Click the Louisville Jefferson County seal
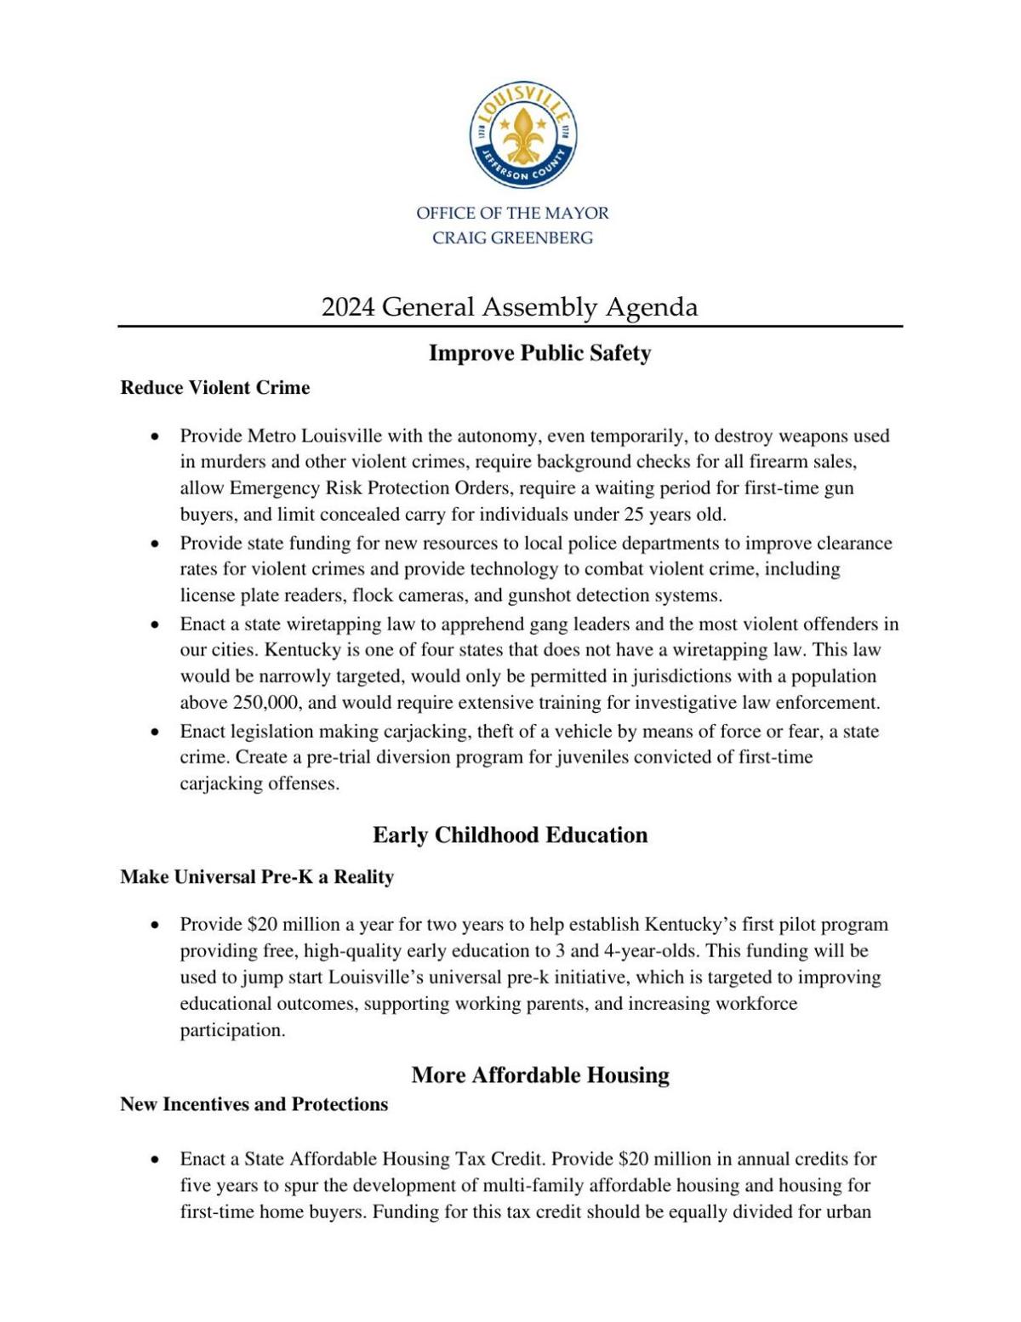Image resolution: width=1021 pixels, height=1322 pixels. pyautogui.click(x=523, y=136)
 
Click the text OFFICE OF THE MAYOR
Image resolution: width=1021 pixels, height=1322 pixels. pyautogui.click(x=512, y=213)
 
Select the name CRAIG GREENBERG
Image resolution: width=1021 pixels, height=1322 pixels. pyautogui.click(x=512, y=238)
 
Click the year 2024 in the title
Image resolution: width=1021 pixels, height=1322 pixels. pyautogui.click(x=348, y=307)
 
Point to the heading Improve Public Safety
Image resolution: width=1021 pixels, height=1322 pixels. pyautogui.click(x=539, y=353)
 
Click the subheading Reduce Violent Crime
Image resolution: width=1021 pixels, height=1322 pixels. pyautogui.click(x=215, y=388)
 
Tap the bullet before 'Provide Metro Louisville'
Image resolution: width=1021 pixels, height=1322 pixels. pyautogui.click(x=155, y=436)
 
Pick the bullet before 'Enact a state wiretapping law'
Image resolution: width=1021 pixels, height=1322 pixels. pyautogui.click(x=155, y=624)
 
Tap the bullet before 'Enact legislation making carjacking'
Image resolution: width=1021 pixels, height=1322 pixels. pyautogui.click(x=155, y=732)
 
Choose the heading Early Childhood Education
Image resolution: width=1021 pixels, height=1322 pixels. pyautogui.click(x=510, y=835)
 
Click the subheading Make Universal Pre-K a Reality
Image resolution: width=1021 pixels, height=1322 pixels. pyautogui.click(x=257, y=877)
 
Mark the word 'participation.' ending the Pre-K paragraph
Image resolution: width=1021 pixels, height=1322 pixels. pyautogui.click(x=232, y=1030)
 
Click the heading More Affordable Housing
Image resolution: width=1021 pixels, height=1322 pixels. pyautogui.click(x=540, y=1075)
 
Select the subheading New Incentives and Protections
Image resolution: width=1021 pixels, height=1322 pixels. pyautogui.click(x=254, y=1104)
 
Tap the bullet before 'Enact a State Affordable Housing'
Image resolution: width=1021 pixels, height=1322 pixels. pyautogui.click(x=155, y=1160)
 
